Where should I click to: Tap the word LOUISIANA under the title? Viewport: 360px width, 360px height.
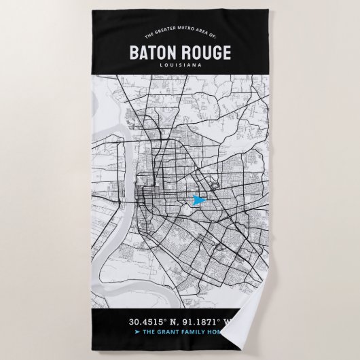point(180,65)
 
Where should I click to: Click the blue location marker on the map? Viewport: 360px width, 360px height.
point(198,200)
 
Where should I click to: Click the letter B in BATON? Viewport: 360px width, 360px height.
point(132,52)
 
